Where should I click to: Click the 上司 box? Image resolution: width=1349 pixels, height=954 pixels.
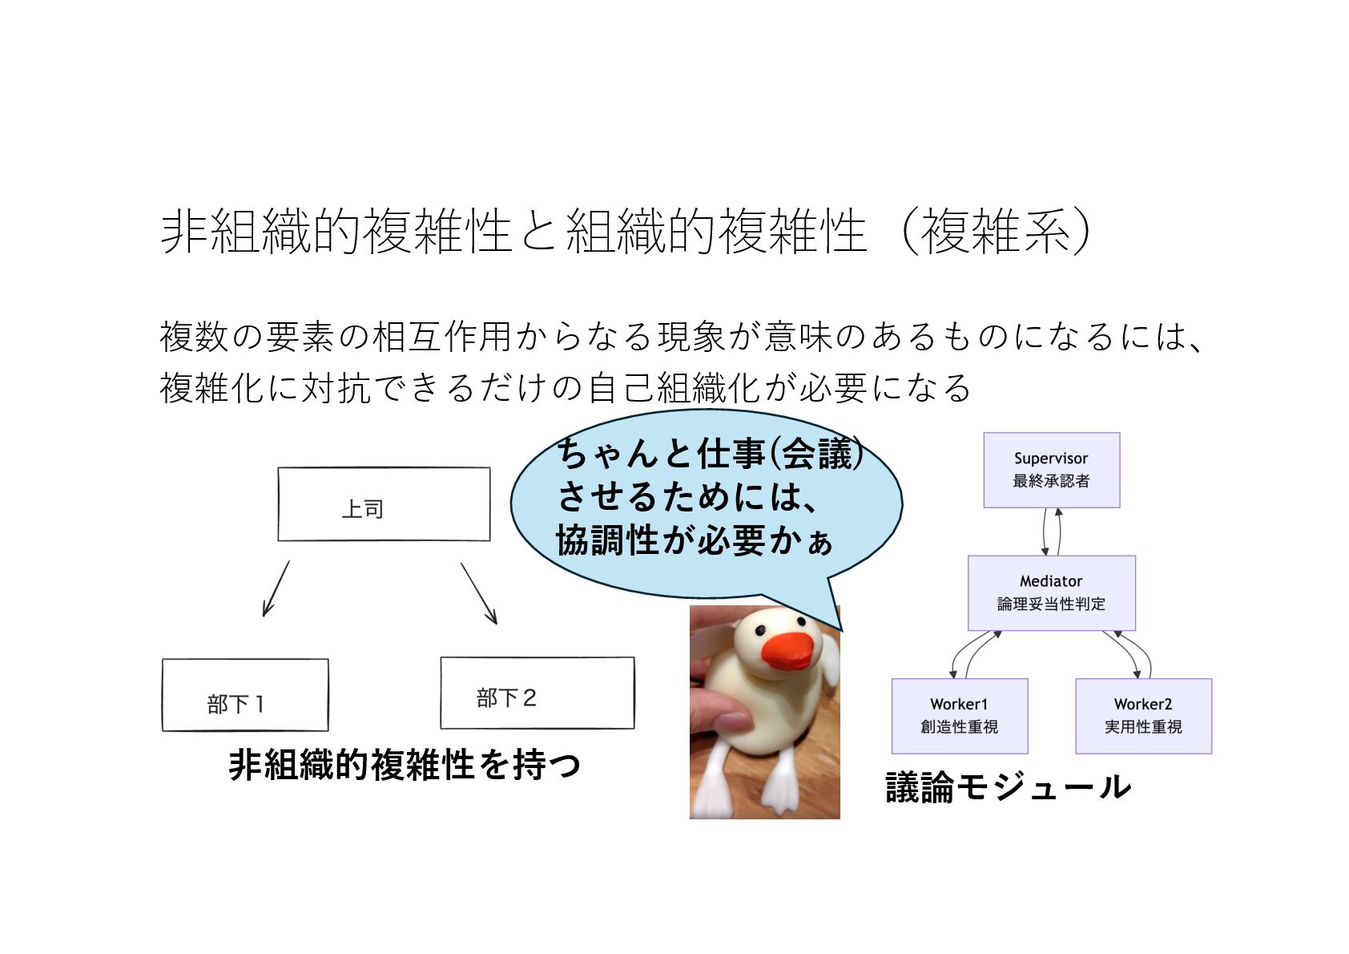click(384, 504)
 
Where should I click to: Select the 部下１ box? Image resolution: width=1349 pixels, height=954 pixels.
click(245, 695)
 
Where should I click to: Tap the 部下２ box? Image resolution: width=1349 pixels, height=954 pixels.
click(537, 693)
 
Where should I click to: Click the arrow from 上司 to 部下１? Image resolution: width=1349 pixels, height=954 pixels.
click(276, 589)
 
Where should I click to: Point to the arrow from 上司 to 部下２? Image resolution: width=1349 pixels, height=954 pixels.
click(479, 593)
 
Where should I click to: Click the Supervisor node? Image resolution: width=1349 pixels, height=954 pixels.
click(1051, 470)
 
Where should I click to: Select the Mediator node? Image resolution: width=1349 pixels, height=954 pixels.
click(1051, 592)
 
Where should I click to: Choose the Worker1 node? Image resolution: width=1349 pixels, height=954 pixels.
click(959, 715)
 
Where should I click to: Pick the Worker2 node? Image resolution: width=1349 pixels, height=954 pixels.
click(1143, 715)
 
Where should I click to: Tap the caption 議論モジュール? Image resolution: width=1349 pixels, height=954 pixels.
click(1008, 787)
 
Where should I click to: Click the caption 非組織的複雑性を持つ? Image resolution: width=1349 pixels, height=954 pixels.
click(405, 765)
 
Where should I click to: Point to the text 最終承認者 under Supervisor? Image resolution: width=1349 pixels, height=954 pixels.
click(1051, 481)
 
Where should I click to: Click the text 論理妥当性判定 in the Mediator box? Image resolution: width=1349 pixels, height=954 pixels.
click(1051, 604)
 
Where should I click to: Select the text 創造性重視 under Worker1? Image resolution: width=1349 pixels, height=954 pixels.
click(959, 727)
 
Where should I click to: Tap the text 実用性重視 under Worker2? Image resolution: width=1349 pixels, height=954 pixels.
click(1143, 727)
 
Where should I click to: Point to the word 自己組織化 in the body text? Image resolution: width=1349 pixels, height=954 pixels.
click(673, 388)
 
